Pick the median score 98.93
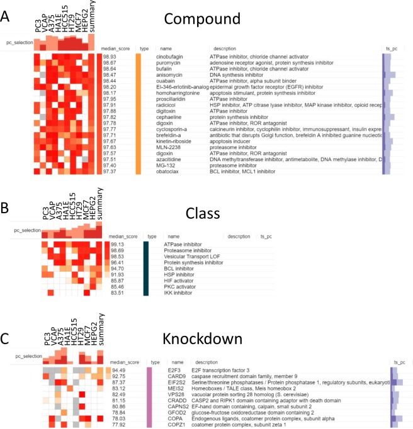(x=111, y=57)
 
